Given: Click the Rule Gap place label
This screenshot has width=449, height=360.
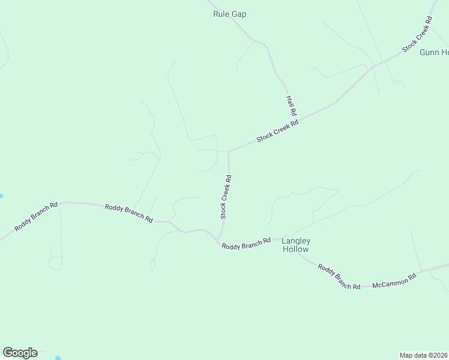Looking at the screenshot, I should coord(230,14).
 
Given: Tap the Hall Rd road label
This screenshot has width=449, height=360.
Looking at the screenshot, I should coord(292,106).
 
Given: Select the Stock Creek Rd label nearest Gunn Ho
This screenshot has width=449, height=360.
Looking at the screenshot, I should coord(417,35).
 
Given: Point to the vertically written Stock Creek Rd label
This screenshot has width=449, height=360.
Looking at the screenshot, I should coord(225,196).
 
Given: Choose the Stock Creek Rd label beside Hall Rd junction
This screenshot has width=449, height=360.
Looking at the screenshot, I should coord(277,131).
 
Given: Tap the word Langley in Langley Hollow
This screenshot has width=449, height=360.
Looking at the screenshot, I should coord(295,241).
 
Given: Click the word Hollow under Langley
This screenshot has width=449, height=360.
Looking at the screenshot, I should coord(295,249).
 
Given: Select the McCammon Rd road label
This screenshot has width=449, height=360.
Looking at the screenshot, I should coord(394,280).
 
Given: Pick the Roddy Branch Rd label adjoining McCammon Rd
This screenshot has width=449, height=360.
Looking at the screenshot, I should coord(339,277).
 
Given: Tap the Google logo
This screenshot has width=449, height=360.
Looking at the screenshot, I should coord(20,353).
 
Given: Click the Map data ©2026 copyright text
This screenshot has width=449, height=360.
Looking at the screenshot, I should coord(424,355).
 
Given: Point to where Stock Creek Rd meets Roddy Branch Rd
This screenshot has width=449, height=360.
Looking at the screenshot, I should coord(219,240).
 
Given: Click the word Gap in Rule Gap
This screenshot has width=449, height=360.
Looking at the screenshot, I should coord(240,14).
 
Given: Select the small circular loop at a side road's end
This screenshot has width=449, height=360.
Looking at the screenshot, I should coord(55,263).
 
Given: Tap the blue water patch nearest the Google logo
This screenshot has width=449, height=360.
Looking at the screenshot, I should coord(58,358).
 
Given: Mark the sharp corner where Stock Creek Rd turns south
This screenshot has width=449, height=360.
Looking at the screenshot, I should coord(228,152).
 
